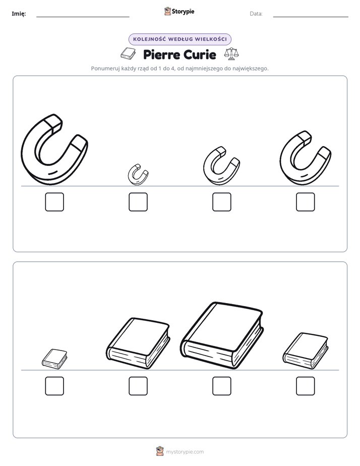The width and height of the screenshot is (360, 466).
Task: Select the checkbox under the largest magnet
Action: tap(54, 202)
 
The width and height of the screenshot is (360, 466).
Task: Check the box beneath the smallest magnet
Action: tap(138, 202)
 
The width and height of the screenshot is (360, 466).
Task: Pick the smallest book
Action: tap(54, 359)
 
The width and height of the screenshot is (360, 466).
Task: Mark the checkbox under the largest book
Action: tap(222, 386)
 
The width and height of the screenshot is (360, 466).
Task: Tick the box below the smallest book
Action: tap(54, 386)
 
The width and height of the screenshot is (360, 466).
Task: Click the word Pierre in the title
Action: tap(161, 54)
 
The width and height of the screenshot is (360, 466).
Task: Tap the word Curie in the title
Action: tap(200, 54)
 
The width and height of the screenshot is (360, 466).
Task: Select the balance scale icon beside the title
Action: tap(231, 54)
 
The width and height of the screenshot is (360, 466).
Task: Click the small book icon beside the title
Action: tap(128, 53)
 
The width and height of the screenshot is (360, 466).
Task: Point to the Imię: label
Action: tap(19, 14)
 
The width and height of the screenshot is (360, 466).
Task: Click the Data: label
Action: tap(256, 14)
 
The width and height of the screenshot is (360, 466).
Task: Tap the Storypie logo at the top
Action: tap(179, 11)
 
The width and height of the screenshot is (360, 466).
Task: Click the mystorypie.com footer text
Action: tap(185, 452)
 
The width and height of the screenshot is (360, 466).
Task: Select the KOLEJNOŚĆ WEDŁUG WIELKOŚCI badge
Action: tap(179, 39)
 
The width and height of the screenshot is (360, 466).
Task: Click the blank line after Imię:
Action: tap(83, 17)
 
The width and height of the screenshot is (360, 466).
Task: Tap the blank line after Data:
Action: tap(311, 17)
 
